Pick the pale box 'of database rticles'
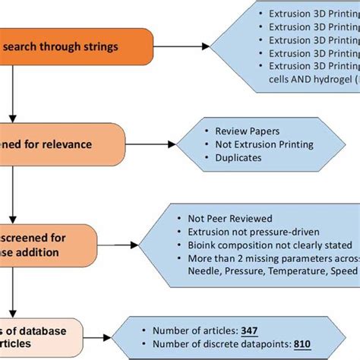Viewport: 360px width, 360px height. tap(38, 334)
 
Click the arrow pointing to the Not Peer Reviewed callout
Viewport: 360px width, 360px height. tap(137, 244)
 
